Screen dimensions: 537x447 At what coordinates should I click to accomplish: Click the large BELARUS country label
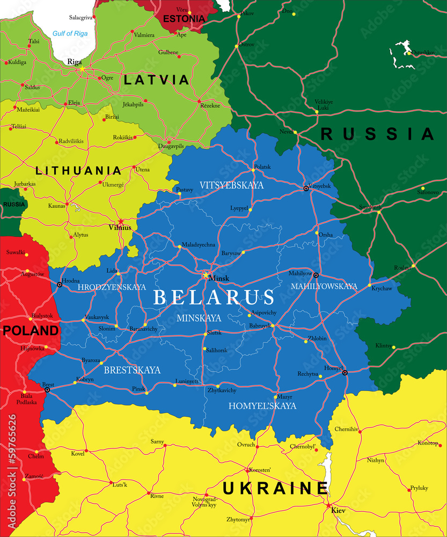[x=214, y=297]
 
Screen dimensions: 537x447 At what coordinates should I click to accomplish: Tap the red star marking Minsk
[x=205, y=275]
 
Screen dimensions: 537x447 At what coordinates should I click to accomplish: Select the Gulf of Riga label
[x=70, y=34]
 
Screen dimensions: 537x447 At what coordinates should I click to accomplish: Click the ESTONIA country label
[x=184, y=19]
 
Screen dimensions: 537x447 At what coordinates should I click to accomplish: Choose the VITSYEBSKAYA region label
[x=232, y=185]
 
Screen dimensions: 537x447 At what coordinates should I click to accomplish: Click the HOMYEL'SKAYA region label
[x=262, y=406]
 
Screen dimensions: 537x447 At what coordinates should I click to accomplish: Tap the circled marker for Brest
[x=47, y=390]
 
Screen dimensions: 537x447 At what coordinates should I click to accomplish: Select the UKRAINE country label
[x=275, y=488]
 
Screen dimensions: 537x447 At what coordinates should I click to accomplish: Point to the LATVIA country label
[x=156, y=80]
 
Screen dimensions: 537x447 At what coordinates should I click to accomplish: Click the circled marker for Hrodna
[x=60, y=284]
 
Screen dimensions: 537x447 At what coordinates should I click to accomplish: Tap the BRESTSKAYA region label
[x=132, y=370]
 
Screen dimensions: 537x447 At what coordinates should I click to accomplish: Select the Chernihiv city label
[x=346, y=429]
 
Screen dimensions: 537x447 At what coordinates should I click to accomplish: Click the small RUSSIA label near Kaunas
[x=14, y=204]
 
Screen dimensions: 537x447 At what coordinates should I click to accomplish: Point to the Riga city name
[x=74, y=62]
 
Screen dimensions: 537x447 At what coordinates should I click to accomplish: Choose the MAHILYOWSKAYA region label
[x=324, y=286]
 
